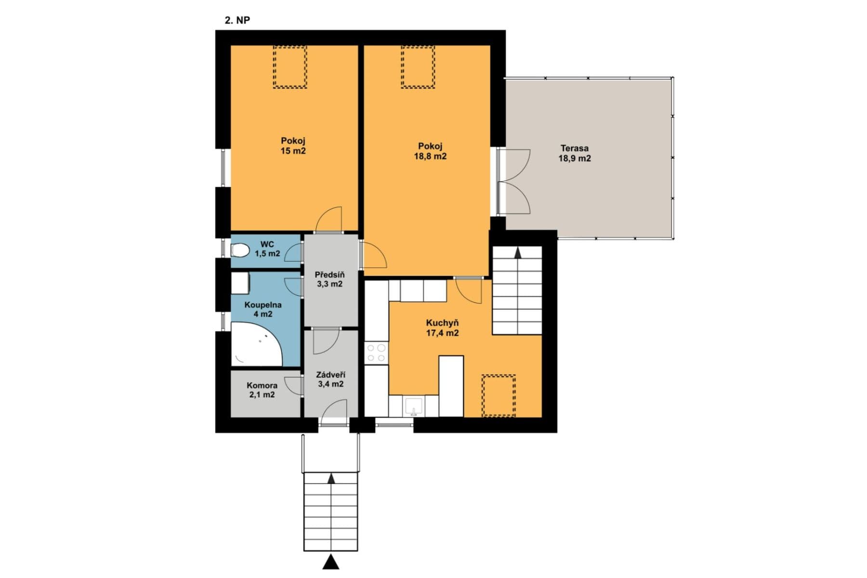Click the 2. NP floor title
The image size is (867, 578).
(x=237, y=20)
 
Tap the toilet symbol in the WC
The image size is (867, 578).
(x=239, y=250)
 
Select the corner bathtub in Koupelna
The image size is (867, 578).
(x=255, y=345)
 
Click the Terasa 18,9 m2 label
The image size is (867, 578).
(x=574, y=153)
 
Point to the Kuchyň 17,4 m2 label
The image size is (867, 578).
(x=442, y=328)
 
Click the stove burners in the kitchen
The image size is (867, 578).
(x=376, y=352)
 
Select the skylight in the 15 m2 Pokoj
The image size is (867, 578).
(x=290, y=67)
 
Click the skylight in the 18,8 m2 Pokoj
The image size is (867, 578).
(x=418, y=67)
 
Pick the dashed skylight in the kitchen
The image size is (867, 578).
(x=499, y=395)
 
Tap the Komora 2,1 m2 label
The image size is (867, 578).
(x=262, y=390)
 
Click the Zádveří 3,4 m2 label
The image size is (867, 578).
(x=330, y=380)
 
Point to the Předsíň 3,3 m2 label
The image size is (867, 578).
(x=329, y=279)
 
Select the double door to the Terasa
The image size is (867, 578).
(x=513, y=182)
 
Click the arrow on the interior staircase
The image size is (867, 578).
(x=518, y=253)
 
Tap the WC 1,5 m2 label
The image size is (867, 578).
(x=267, y=249)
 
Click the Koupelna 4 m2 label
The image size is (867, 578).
(x=263, y=309)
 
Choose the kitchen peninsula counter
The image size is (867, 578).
(x=451, y=386)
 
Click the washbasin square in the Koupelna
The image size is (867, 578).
(x=240, y=283)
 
